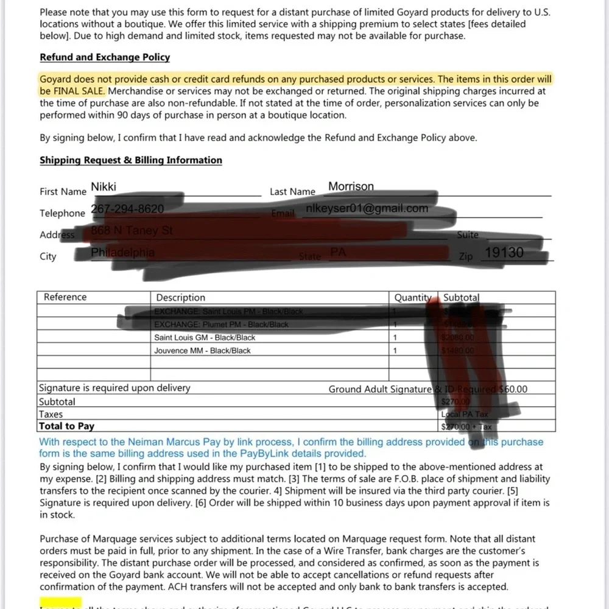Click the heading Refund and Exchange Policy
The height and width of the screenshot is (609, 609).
(x=105, y=57)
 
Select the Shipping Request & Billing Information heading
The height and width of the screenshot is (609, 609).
(x=131, y=160)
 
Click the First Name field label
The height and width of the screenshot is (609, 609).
(x=63, y=192)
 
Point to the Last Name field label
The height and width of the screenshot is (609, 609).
(x=292, y=192)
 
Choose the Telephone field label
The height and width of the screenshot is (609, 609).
(x=62, y=213)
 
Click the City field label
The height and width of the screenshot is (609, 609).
(x=48, y=256)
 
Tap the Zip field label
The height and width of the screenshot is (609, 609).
(x=465, y=257)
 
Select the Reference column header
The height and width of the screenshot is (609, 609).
(x=65, y=297)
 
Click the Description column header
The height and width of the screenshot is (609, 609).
(x=181, y=298)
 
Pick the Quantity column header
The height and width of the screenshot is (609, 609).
(x=413, y=298)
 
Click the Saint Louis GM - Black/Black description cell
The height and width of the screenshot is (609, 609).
(x=205, y=337)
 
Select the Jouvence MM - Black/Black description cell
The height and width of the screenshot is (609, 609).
(x=202, y=351)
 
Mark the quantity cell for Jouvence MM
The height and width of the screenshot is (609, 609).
(x=395, y=351)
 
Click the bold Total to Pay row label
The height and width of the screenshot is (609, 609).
(x=66, y=426)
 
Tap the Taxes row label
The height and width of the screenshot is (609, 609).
(x=51, y=414)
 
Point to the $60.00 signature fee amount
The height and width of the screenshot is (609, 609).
(x=513, y=389)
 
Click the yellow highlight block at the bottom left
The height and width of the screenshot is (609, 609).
(x=60, y=604)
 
